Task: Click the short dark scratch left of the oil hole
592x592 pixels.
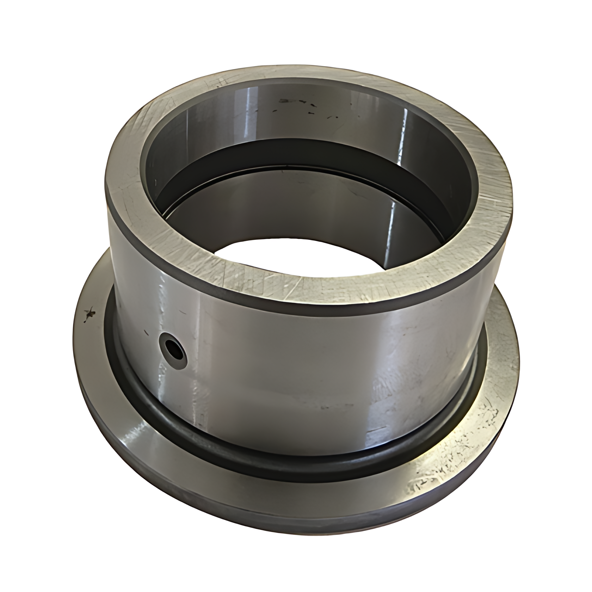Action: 145,332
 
